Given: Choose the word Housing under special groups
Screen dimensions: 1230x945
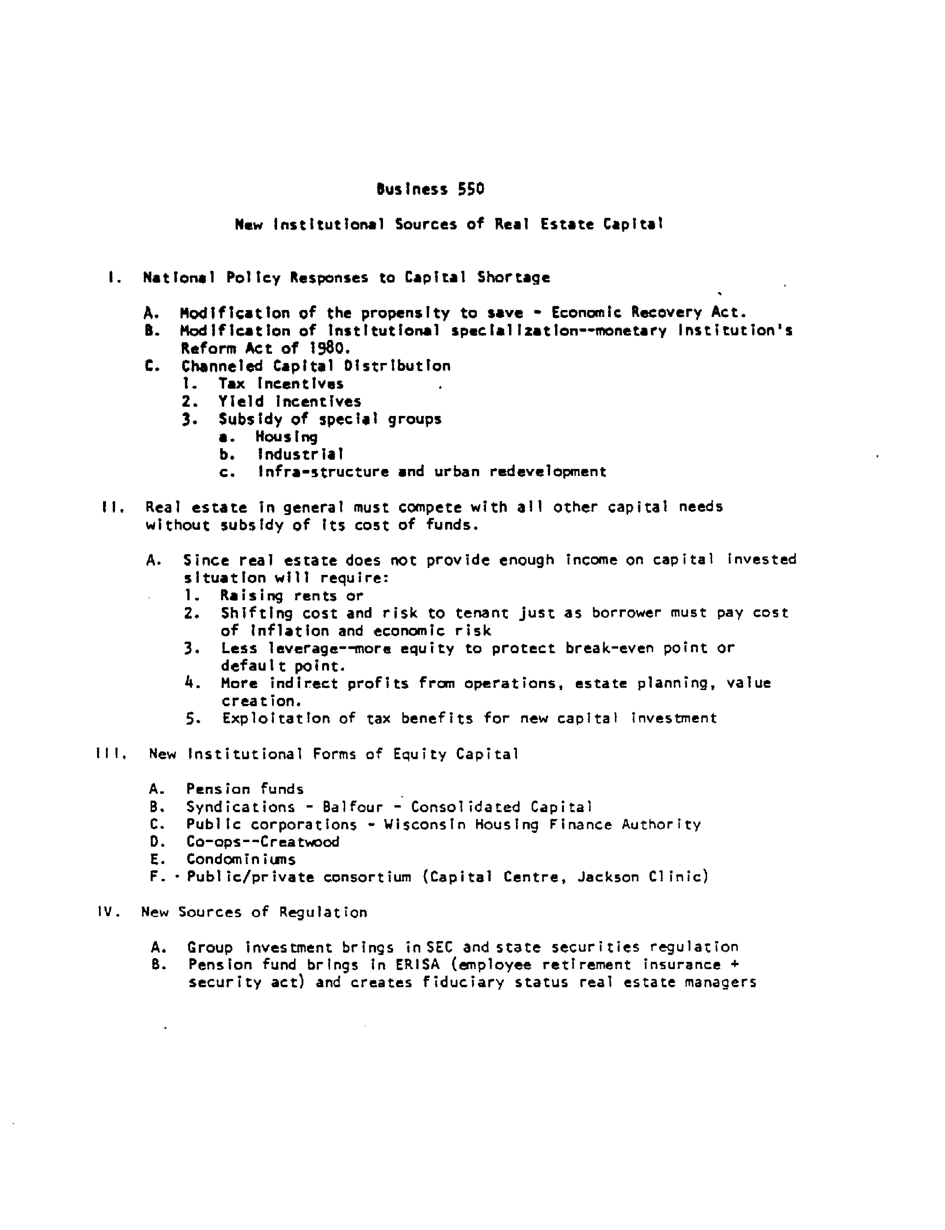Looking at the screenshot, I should click(x=286, y=437).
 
